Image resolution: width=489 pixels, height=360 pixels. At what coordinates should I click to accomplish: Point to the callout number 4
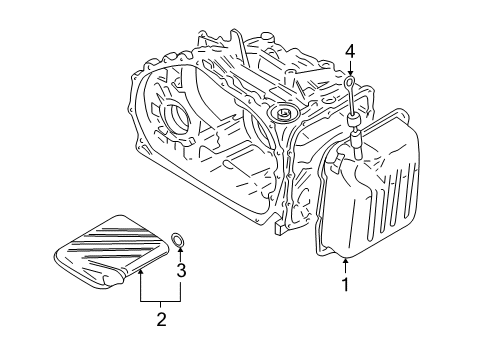(350, 50)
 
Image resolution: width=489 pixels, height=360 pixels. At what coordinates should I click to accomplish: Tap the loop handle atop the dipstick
(350, 80)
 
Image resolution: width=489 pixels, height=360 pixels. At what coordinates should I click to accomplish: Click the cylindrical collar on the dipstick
(353, 124)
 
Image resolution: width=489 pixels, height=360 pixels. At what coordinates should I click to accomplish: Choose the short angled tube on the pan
(345, 160)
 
